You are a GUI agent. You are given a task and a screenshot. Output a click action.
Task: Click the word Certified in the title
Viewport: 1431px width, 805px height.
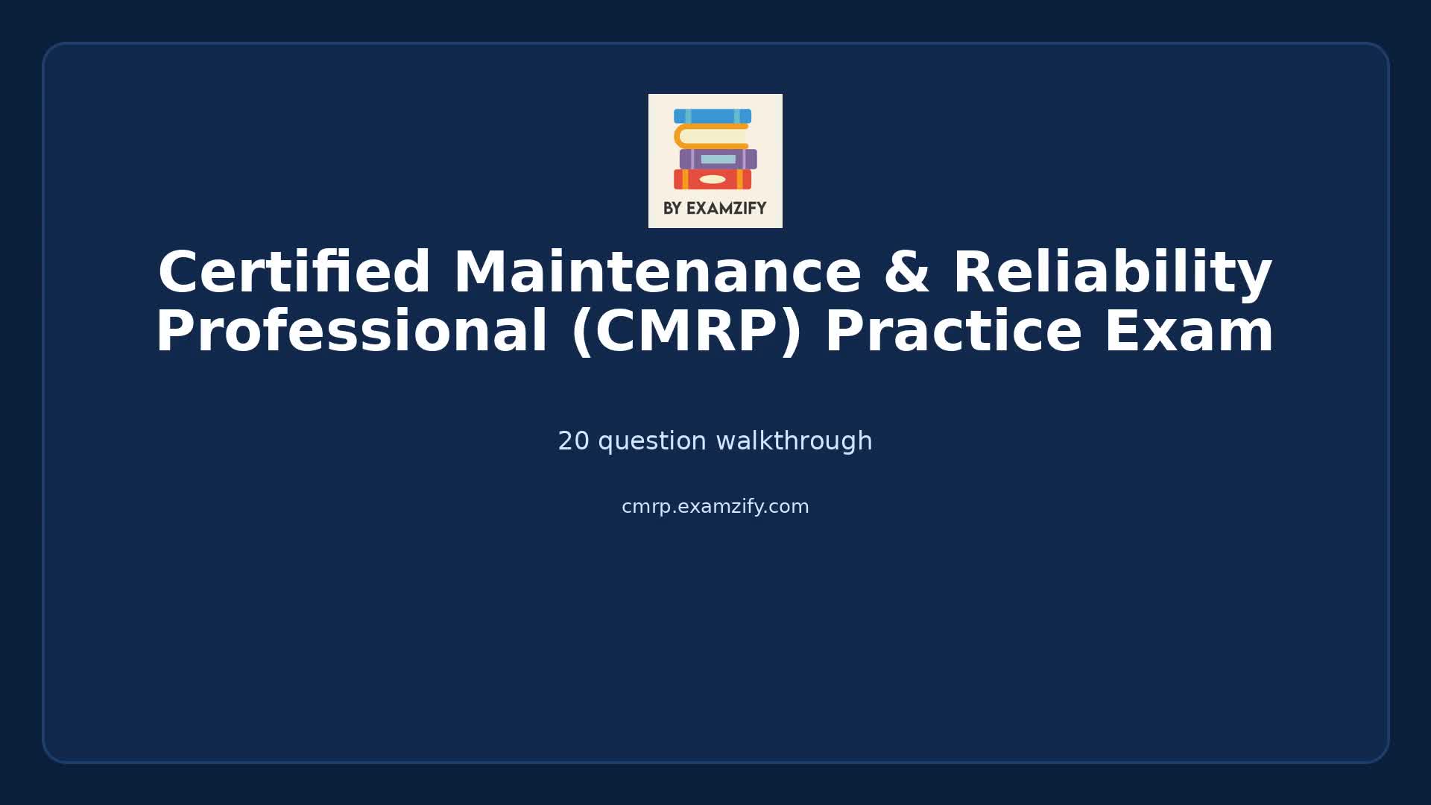[294, 273]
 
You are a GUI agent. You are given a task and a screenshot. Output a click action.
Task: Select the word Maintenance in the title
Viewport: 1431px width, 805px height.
[657, 273]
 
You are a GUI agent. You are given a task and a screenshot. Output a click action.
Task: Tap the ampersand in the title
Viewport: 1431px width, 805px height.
[906, 273]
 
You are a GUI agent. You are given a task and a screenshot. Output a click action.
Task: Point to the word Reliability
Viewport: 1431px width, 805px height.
[1112, 273]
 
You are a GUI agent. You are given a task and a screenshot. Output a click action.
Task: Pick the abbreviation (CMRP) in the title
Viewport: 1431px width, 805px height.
[686, 332]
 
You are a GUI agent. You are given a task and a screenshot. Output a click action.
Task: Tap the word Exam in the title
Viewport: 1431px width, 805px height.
[1189, 332]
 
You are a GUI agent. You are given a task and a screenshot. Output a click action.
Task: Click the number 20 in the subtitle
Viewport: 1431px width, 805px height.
[573, 441]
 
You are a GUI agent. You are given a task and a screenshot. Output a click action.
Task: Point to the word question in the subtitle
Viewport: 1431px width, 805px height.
[652, 441]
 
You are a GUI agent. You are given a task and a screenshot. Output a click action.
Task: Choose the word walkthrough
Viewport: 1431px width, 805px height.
[794, 441]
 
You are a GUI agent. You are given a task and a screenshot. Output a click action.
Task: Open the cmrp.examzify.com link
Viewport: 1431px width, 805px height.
[715, 507]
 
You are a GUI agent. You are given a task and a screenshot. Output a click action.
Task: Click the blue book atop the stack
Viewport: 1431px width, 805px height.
[712, 116]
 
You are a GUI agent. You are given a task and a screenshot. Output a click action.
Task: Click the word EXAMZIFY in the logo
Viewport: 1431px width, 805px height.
[726, 209]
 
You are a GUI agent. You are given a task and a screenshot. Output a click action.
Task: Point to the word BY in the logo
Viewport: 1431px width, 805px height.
[672, 209]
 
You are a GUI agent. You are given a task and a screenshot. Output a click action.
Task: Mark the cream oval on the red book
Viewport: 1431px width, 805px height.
[713, 180]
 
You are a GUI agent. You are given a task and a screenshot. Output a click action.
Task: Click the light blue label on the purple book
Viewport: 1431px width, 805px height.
[718, 160]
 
